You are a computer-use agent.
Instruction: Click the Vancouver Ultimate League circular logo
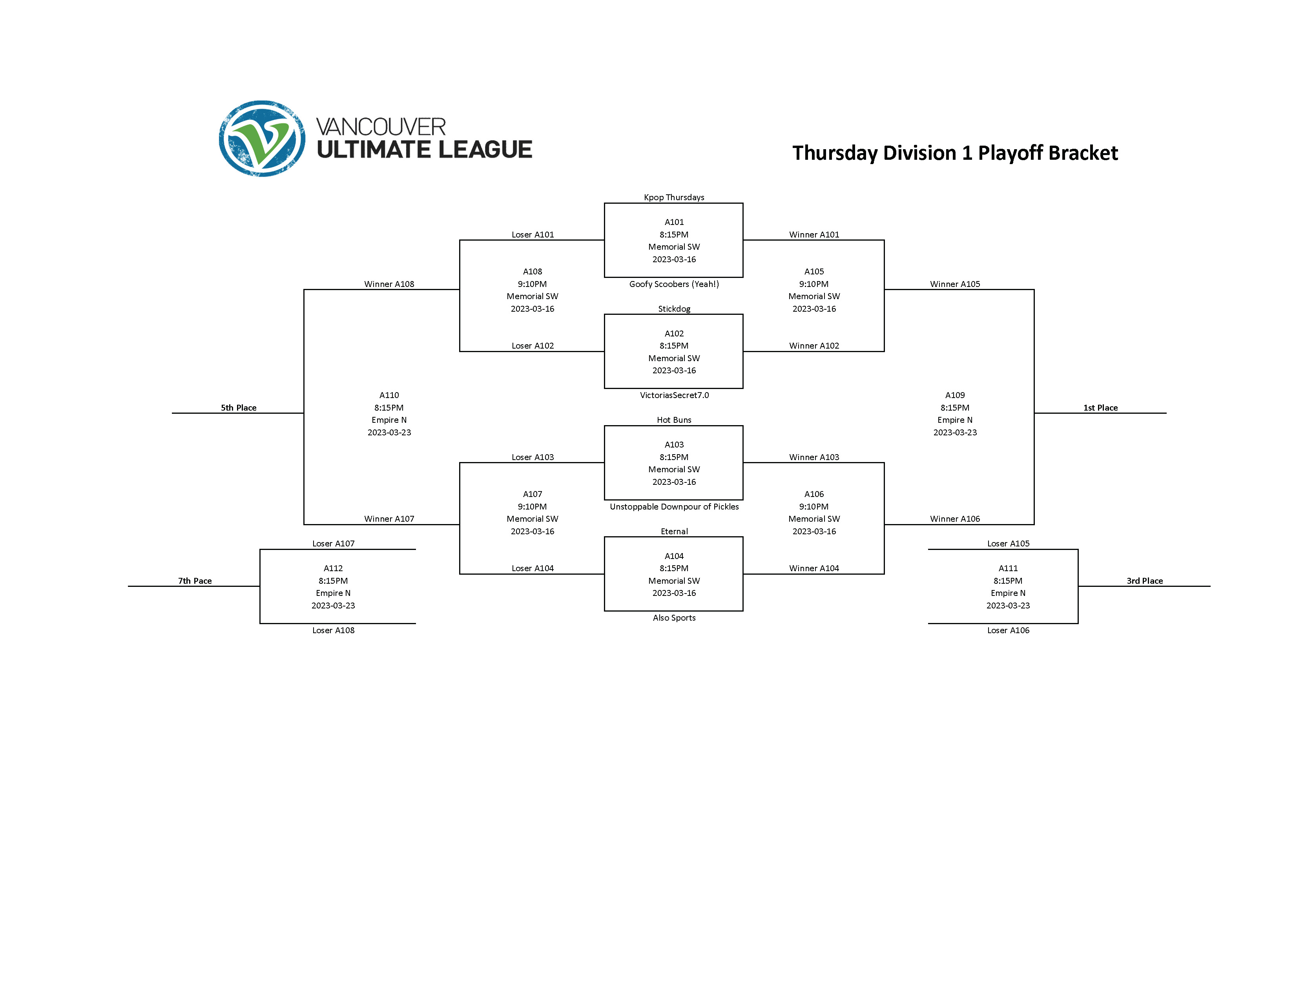(x=262, y=139)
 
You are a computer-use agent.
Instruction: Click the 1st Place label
(x=1100, y=408)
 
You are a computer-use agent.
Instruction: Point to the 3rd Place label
(x=1144, y=581)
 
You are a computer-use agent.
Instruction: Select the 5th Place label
(x=238, y=408)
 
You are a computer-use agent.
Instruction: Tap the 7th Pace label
(x=195, y=581)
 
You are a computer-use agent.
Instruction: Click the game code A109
(x=955, y=395)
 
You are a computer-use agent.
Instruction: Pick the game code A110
(x=389, y=395)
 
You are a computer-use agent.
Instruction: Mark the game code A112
(x=333, y=568)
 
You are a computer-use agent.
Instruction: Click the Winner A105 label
(x=955, y=284)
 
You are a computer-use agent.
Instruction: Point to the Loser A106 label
(x=1008, y=630)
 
